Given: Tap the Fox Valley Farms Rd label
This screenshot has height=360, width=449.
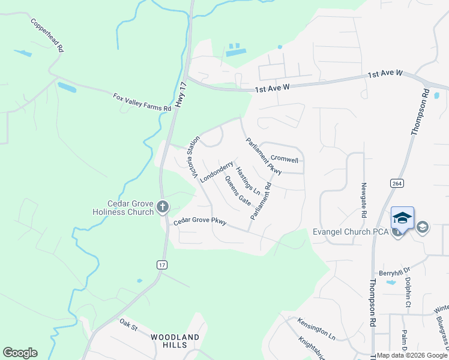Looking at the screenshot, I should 142,102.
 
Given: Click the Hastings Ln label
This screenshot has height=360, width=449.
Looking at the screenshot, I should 248,181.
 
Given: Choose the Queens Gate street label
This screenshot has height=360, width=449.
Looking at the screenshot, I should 238,190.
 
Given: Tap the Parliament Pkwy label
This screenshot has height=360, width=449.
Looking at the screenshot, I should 264,156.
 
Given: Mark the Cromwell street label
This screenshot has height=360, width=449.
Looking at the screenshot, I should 285,160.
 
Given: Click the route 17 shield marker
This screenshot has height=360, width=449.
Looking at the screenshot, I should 161,265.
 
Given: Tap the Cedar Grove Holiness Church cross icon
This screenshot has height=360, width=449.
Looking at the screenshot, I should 162,208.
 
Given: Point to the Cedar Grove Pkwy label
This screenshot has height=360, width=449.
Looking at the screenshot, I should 200,221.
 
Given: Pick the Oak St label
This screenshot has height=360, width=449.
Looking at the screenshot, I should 128,327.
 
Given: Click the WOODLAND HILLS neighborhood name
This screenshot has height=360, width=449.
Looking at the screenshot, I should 175,342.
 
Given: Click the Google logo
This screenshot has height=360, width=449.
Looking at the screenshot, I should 20,353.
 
